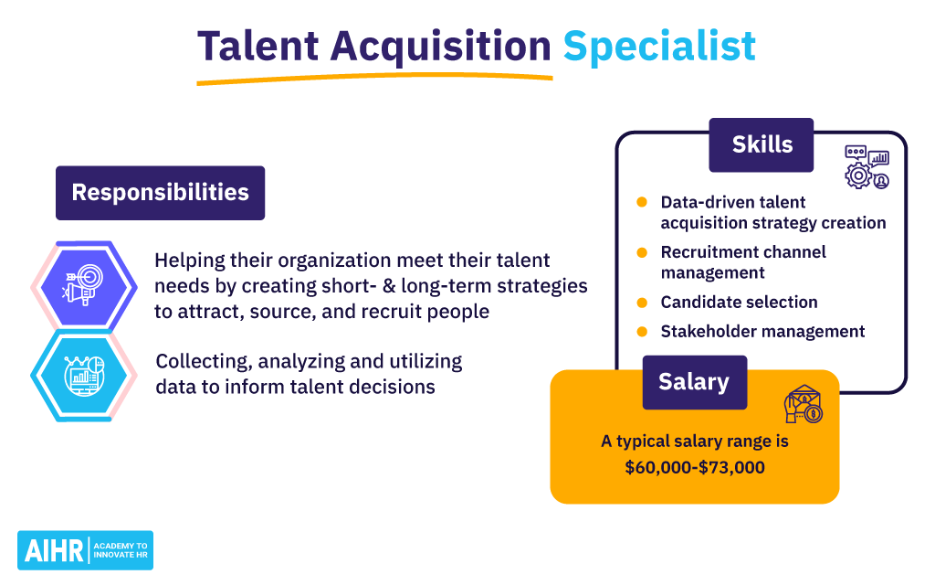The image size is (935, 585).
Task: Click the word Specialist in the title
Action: [659, 47]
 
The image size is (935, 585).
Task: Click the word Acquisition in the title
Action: [440, 47]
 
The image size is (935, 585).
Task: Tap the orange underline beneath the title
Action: [374, 78]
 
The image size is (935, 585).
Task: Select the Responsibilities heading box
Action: [161, 193]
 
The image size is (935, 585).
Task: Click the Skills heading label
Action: [762, 145]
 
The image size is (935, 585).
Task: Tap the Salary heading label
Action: [695, 383]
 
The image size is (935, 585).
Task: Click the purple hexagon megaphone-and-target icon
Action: [84, 286]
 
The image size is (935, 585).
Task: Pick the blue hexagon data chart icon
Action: [84, 376]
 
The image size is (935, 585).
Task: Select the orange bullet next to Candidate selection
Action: [642, 303]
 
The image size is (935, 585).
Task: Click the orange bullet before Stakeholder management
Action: [642, 332]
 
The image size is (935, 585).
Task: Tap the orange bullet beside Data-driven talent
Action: [642, 202]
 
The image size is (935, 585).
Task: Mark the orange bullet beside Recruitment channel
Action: [642, 252]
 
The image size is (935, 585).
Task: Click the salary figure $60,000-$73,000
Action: [695, 467]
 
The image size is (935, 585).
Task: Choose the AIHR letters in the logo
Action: [54, 551]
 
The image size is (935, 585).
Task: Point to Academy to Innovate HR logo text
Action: [121, 550]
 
